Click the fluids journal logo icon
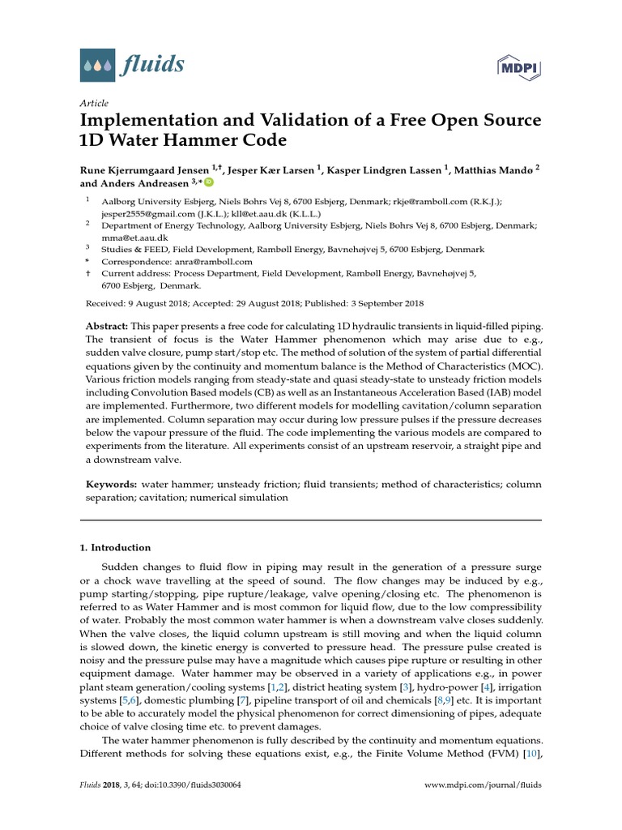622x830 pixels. click(97, 64)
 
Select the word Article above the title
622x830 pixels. click(94, 104)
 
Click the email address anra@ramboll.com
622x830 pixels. click(212, 263)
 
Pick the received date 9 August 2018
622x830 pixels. click(158, 304)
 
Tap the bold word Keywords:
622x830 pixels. click(112, 484)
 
